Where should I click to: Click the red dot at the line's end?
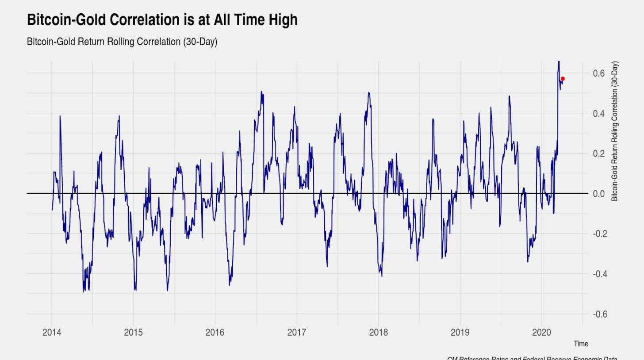(x=563, y=79)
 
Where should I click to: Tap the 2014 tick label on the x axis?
(x=52, y=333)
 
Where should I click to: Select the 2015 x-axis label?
(x=133, y=333)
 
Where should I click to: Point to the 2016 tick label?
(x=215, y=333)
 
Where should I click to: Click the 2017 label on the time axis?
(x=296, y=333)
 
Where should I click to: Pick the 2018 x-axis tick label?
(x=378, y=333)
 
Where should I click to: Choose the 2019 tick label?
(x=460, y=333)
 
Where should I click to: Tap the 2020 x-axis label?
(x=542, y=333)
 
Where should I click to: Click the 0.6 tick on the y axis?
(x=599, y=73)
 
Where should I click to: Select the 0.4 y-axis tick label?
(x=599, y=113)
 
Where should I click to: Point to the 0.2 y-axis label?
(x=599, y=153)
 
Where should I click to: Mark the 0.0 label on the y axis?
(x=599, y=194)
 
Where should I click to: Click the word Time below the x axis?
(x=581, y=344)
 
